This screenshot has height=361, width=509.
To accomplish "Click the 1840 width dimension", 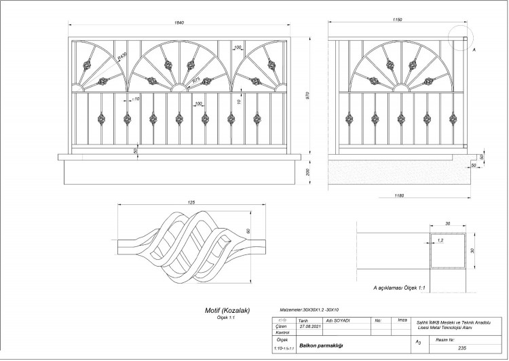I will point(179,23).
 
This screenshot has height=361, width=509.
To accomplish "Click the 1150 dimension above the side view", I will point(397,20).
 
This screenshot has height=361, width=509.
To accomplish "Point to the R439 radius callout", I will point(122,57).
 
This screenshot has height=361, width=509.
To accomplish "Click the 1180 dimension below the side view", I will point(398,195).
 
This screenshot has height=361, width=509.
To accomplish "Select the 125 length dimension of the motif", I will point(191,202).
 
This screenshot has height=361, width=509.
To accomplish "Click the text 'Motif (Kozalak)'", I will point(228,311).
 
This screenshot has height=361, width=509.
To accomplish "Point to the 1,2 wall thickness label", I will point(440,241).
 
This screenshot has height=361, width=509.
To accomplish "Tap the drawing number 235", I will point(461,347).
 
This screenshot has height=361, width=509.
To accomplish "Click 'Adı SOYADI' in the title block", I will point(338,320).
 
